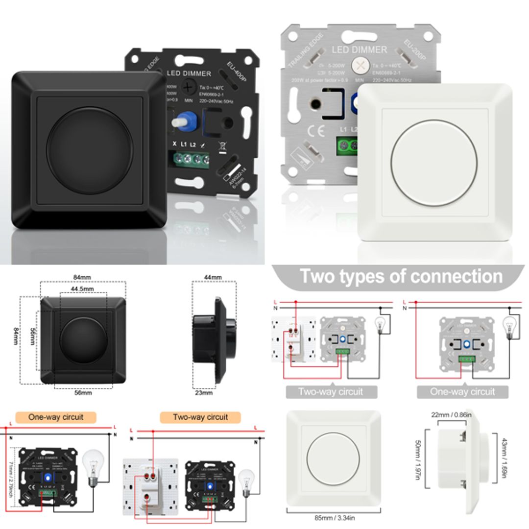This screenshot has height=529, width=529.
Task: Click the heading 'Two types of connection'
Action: (401, 276)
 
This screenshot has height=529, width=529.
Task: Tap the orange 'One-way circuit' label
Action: (56, 417)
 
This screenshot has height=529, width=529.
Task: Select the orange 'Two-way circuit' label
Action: (200, 417)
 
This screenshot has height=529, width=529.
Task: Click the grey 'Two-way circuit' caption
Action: (331, 392)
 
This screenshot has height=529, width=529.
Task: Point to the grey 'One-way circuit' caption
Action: (462, 392)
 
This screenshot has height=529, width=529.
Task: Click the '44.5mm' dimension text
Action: (82, 289)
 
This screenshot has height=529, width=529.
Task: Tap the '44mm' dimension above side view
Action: (213, 277)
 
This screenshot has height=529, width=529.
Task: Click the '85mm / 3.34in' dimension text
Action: (335, 518)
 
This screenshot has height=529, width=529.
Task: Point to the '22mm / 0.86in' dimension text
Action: (452, 415)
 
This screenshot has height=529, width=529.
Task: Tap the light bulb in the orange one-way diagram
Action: (93, 465)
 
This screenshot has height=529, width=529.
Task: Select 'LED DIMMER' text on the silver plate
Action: (360, 49)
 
